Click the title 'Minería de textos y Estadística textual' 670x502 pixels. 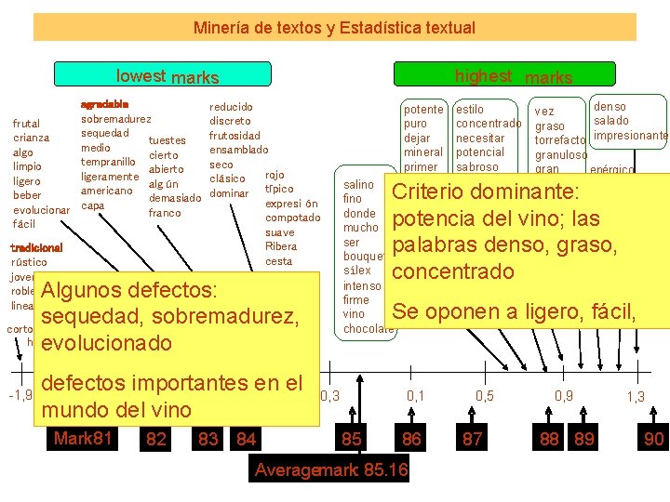[334, 28]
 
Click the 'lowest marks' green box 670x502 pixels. [163, 75]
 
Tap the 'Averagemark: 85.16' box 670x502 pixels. [331, 470]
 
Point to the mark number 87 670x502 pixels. [473, 439]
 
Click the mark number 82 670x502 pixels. [156, 439]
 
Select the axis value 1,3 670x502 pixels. [636, 397]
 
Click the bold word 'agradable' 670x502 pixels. [105, 103]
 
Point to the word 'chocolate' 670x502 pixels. [368, 329]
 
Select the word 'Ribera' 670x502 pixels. [281, 246]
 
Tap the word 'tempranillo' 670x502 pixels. [111, 162]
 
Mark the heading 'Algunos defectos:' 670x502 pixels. [129, 290]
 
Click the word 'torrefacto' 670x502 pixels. [560, 140]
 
